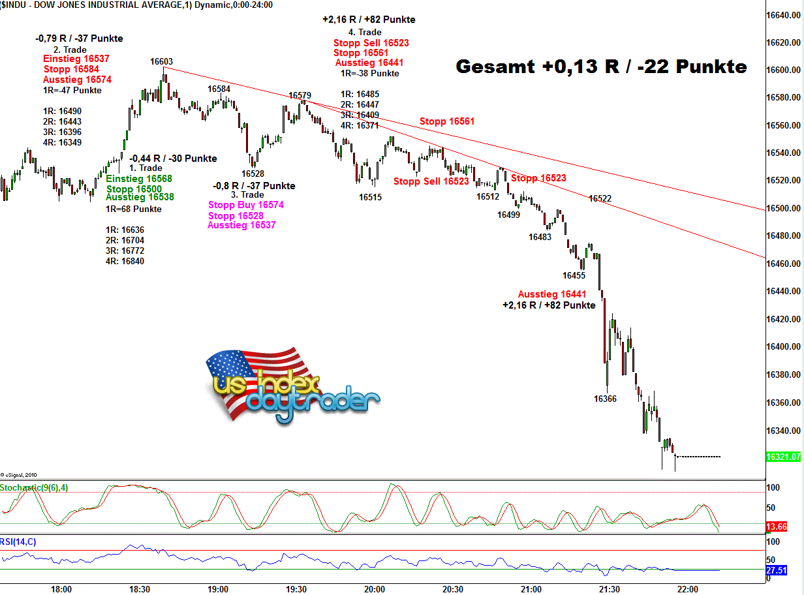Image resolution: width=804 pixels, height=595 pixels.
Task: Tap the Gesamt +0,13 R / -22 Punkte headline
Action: [601, 67]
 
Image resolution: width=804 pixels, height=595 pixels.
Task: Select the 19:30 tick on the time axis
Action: [296, 589]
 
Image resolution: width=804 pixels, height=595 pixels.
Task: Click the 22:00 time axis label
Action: [688, 589]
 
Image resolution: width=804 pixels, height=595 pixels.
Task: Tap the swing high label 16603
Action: [161, 61]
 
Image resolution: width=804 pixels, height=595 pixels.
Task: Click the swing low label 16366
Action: [605, 399]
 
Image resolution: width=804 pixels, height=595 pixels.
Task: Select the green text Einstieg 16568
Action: [139, 179]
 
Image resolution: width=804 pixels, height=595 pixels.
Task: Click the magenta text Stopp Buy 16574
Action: [246, 205]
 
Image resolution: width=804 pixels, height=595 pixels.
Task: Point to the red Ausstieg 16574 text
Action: [77, 80]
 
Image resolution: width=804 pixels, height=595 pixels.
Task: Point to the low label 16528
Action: [253, 174]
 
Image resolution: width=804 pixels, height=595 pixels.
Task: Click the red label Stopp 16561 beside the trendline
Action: [447, 121]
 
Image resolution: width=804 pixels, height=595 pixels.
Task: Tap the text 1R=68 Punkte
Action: [133, 209]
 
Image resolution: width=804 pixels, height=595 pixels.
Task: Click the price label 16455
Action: [574, 275]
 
